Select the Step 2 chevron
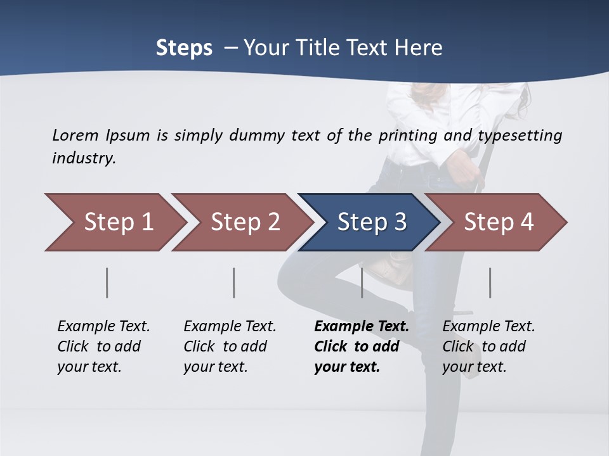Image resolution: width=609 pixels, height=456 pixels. (x=245, y=222)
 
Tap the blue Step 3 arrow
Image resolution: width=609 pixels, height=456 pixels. (x=372, y=222)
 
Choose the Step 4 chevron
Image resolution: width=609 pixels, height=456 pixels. (x=499, y=222)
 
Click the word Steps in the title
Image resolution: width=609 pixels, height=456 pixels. (x=184, y=48)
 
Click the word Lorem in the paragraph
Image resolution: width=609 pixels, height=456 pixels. (x=75, y=135)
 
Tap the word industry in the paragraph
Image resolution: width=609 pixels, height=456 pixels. (x=83, y=158)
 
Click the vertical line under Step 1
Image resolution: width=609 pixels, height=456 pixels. (x=107, y=282)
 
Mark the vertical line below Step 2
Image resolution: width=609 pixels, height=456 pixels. (x=234, y=282)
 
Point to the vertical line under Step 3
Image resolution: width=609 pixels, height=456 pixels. (x=362, y=282)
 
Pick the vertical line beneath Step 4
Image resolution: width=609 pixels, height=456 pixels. (x=490, y=282)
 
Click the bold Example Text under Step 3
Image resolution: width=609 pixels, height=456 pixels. (x=362, y=327)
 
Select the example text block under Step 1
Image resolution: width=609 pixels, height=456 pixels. (x=103, y=346)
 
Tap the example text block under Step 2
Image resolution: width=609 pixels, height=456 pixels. (x=230, y=346)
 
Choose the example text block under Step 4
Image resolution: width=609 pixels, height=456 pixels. (x=488, y=346)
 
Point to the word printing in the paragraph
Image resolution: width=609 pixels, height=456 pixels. (x=402, y=136)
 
